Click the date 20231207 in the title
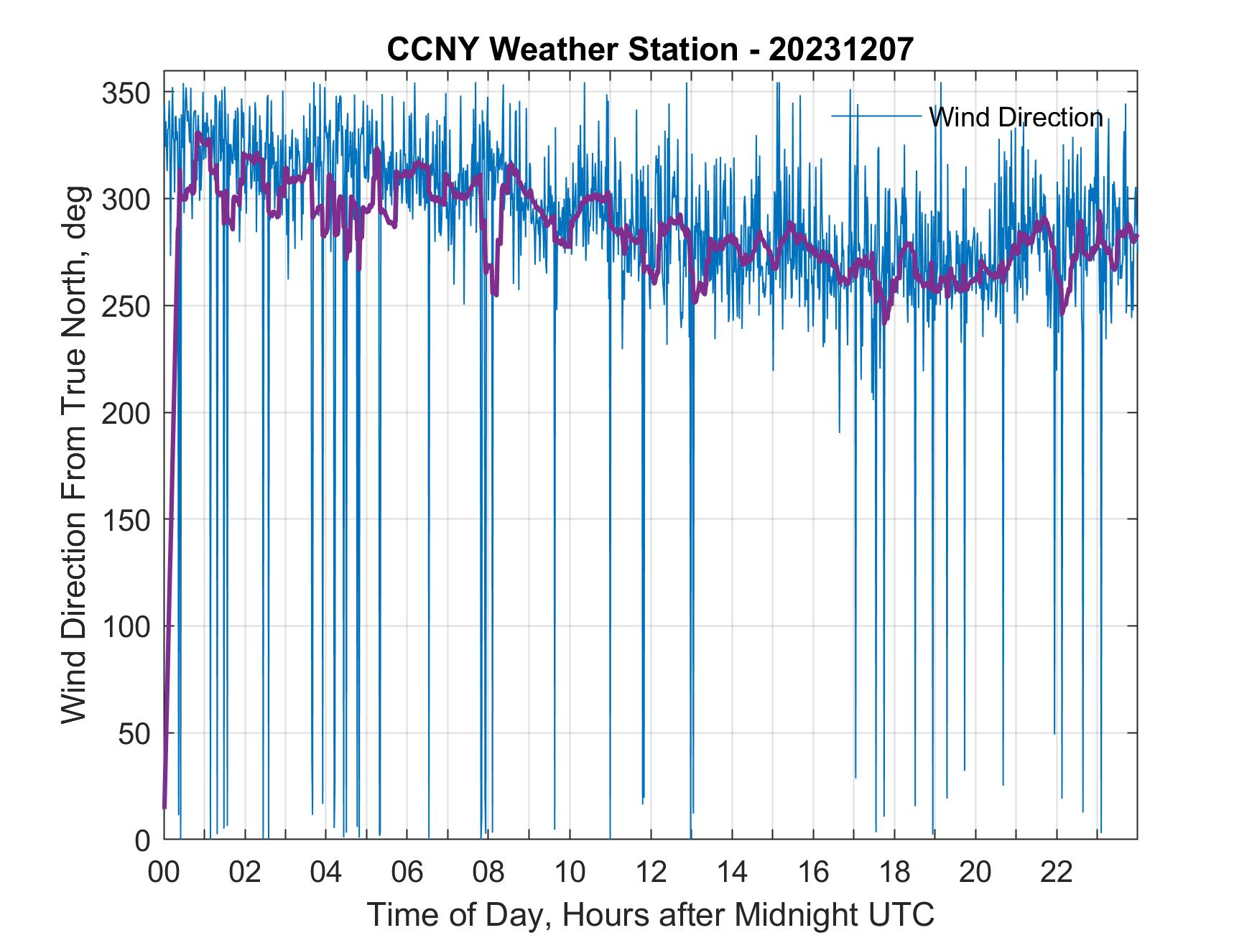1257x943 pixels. tap(841, 50)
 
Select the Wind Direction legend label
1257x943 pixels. tap(1016, 117)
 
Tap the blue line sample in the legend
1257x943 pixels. tap(876, 116)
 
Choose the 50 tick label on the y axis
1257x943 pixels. tap(134, 733)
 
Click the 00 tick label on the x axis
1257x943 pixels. tap(164, 872)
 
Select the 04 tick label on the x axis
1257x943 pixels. tap(326, 872)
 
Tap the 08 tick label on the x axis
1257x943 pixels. tap(488, 872)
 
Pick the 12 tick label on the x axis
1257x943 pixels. tap(651, 872)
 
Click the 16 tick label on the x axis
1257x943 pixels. tap(813, 872)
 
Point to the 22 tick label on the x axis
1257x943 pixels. tap(1057, 872)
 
